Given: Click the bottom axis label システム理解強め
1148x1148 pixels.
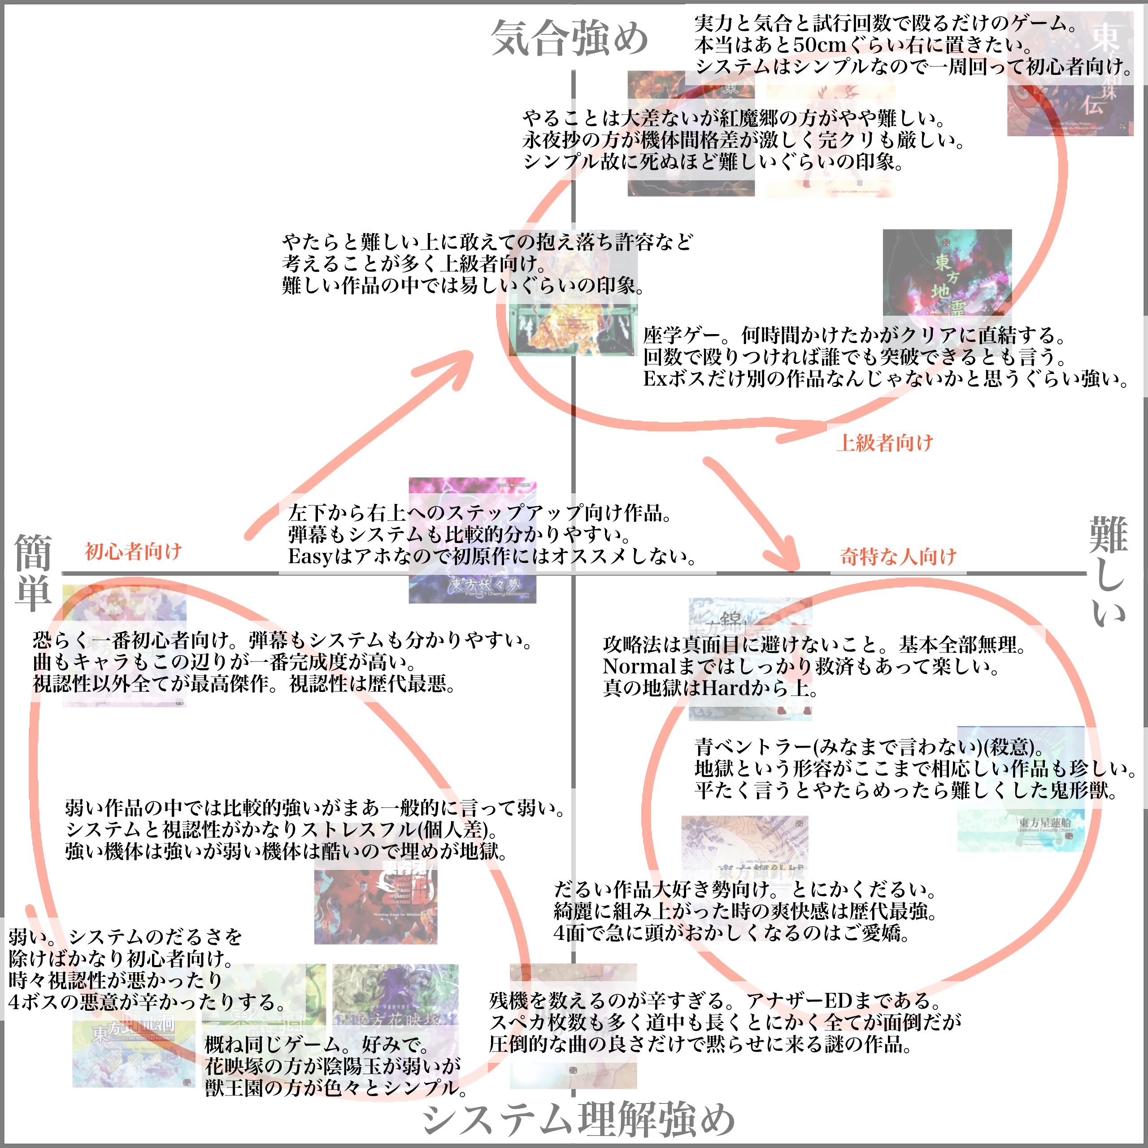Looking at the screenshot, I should click(x=579, y=1118).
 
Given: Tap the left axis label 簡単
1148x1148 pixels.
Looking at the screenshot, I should click(x=33, y=572).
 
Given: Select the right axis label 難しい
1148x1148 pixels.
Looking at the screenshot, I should click(x=1108, y=570).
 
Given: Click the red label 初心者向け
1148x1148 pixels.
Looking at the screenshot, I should click(x=133, y=552).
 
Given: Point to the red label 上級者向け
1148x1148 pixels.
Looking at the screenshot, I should click(x=885, y=442).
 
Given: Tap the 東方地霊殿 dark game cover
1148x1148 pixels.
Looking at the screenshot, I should click(x=947, y=274).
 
